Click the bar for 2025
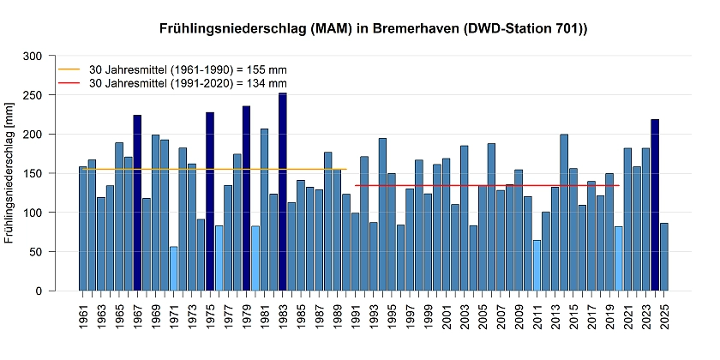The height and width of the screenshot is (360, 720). (664, 257)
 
